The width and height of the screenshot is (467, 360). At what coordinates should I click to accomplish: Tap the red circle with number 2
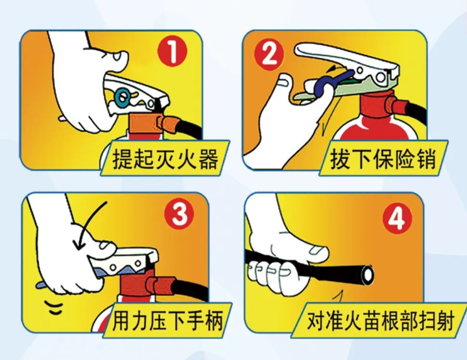pos(268,55)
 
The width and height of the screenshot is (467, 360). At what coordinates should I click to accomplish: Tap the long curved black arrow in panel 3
pos(89,225)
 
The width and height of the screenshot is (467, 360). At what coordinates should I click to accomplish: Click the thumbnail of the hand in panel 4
pos(318,250)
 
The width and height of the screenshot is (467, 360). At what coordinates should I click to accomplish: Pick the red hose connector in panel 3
pos(162,286)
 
